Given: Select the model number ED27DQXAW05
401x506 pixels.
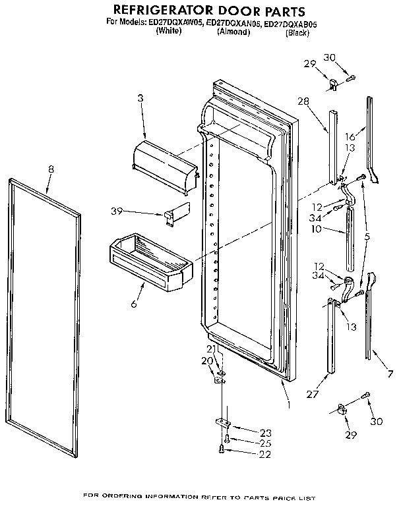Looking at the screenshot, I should click(174, 22).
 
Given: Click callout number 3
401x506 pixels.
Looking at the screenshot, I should click(140, 98).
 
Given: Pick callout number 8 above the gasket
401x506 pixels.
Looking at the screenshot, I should click(51, 169).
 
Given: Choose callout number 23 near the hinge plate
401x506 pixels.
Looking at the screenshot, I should click(265, 433).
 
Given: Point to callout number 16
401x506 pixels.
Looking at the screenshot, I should click(350, 136).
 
